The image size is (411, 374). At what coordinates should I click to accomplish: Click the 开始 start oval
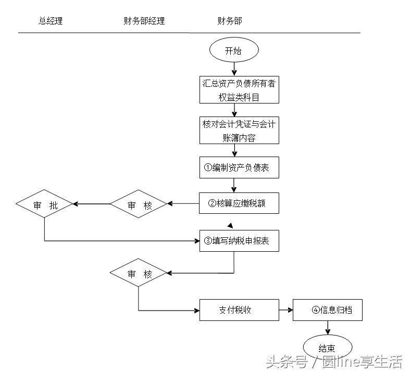233,51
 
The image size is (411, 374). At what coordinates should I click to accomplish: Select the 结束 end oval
327,348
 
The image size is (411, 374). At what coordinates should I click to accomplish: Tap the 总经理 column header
51,21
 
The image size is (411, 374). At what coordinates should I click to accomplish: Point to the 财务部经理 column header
144,21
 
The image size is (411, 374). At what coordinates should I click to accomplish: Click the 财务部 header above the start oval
229,21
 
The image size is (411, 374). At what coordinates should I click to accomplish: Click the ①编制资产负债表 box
239,167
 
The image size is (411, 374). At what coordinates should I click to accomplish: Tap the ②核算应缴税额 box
239,203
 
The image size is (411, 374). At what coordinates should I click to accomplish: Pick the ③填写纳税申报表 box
239,241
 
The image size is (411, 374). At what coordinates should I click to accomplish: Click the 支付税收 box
239,310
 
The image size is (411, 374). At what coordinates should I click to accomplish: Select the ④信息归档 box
327,310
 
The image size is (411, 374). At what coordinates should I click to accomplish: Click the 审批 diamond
44,205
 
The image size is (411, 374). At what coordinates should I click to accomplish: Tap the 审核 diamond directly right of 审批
139,205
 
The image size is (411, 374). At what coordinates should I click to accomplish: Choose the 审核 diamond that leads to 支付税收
139,273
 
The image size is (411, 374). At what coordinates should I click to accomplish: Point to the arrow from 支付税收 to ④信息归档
286,310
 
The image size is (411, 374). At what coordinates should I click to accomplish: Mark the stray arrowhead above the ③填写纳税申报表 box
230,226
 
